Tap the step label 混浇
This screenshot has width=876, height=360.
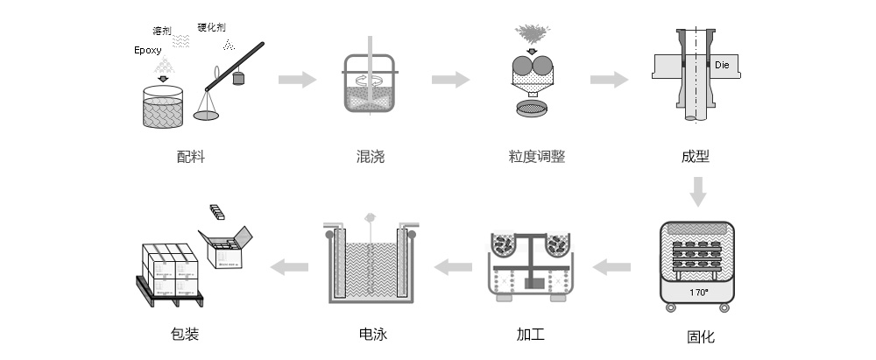coord(370,158)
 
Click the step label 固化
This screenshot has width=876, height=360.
coord(701,336)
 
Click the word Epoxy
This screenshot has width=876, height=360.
coord(150,50)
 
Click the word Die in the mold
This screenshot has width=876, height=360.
coord(722,66)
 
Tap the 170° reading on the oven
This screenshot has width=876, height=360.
coord(698,292)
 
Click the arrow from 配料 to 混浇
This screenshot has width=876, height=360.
coord(298,80)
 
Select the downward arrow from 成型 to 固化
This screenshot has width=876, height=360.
coord(697,191)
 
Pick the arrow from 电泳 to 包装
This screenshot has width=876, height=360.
coord(288,266)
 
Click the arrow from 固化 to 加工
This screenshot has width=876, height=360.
coord(613,266)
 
